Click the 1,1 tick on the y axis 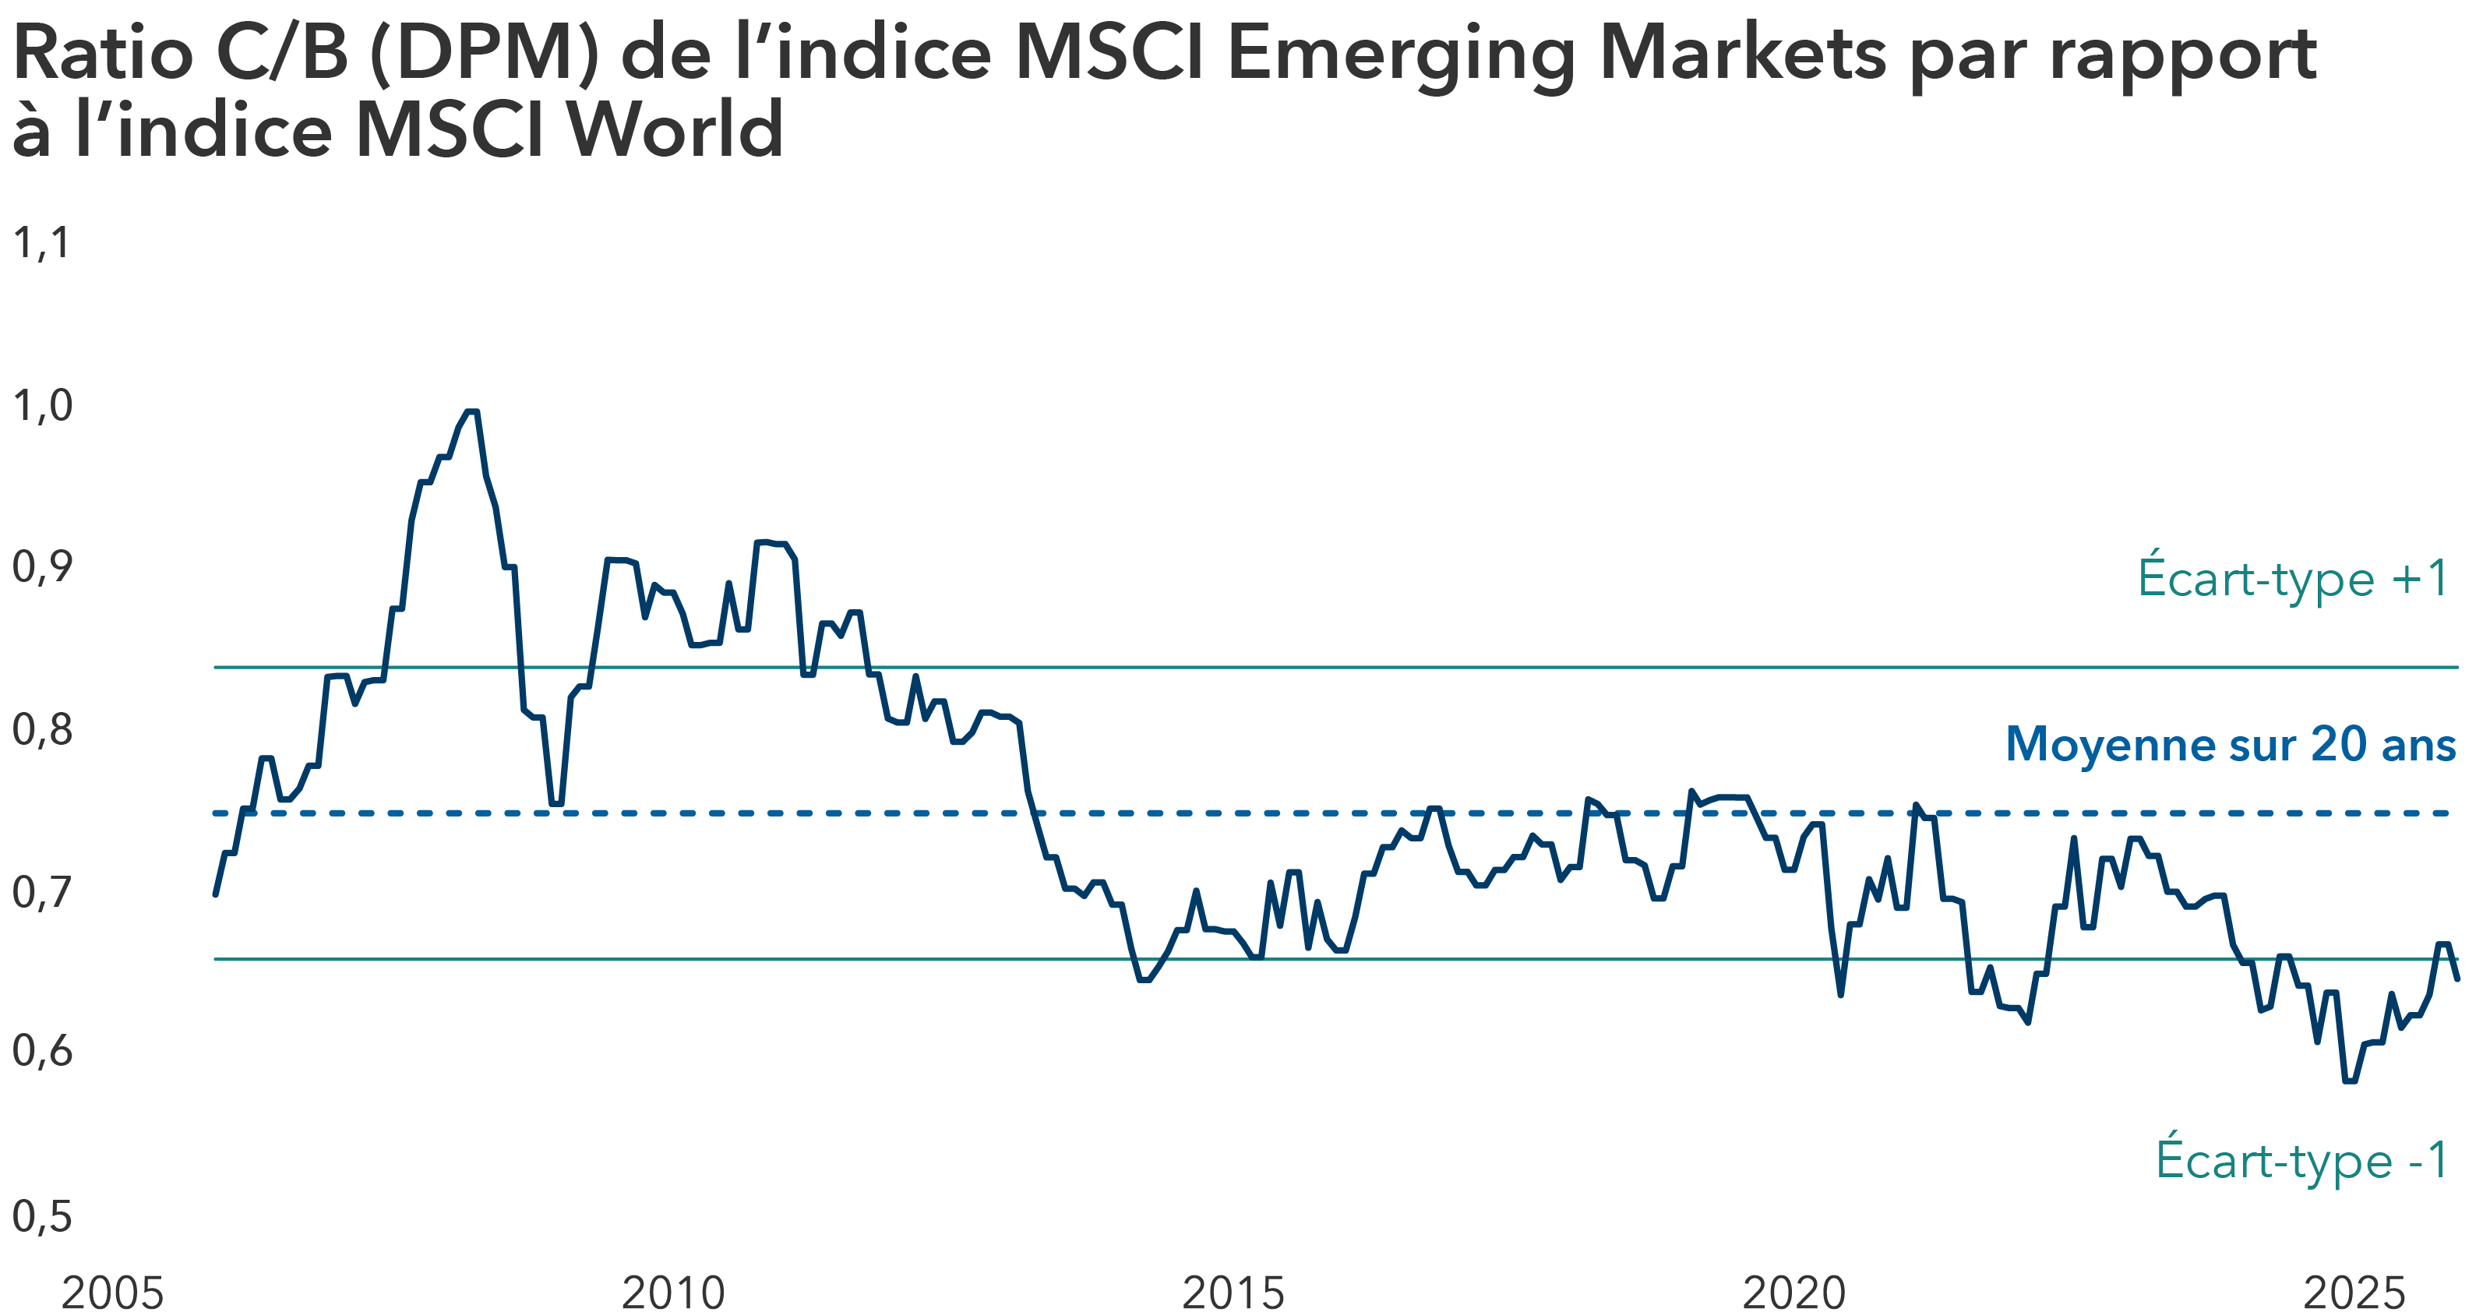[41, 242]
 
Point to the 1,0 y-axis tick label [41, 405]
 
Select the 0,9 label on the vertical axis [41, 566]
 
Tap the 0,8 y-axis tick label [41, 729]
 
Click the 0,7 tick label [41, 891]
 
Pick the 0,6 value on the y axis [41, 1051]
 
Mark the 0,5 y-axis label [41, 1215]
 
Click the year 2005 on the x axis [112, 1293]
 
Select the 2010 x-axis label [673, 1293]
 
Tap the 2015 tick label [1233, 1293]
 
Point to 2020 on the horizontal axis [1794, 1293]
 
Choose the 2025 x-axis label [2354, 1293]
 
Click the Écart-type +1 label [2293, 578]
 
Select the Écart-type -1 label [2302, 1159]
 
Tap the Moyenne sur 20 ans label [2231, 745]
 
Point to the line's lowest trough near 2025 [2350, 1081]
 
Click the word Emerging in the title [1401, 56]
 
